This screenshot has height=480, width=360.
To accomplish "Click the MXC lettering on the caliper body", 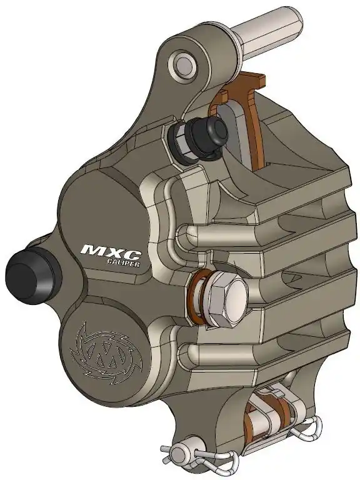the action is pyautogui.click(x=111, y=252).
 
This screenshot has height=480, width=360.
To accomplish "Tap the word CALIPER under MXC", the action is pyautogui.click(x=123, y=263).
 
